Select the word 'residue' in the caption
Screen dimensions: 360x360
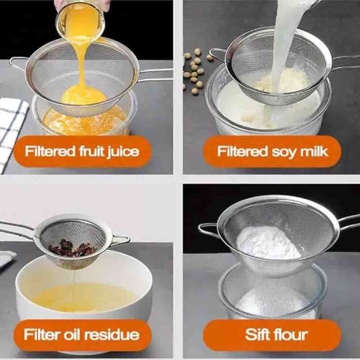[x=112, y=334]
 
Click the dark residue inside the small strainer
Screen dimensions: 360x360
[x=71, y=248]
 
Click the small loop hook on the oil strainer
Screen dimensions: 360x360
[x=121, y=241]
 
